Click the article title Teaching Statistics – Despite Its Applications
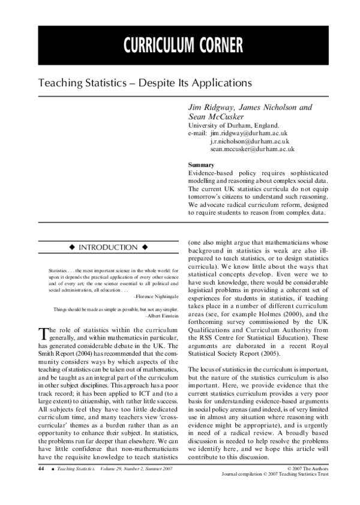tap(145, 80)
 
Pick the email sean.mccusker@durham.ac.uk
tap(252, 149)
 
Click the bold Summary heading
tap(201, 164)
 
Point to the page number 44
tap(41, 468)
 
